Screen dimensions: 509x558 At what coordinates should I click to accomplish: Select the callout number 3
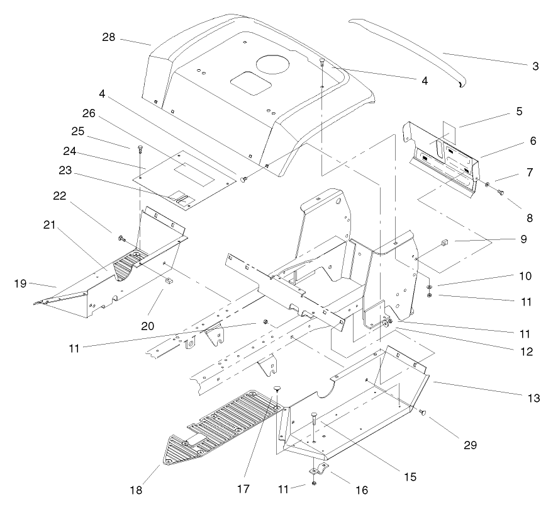pyautogui.click(x=535, y=66)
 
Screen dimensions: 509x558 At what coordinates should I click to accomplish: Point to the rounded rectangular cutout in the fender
pyautogui.click(x=247, y=81)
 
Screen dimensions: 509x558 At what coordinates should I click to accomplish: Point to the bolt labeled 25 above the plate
pyautogui.click(x=140, y=149)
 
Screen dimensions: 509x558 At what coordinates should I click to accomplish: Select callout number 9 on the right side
pyautogui.click(x=523, y=239)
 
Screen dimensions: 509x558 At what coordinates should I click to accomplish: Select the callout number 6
pyautogui.click(x=532, y=142)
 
